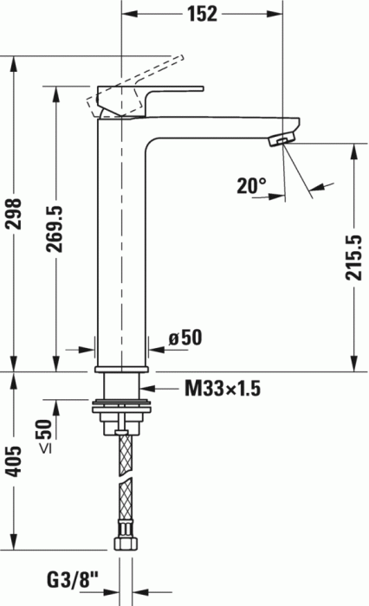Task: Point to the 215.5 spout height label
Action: pos(353,257)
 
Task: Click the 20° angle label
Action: pos(251,185)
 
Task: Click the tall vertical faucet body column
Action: pos(122,242)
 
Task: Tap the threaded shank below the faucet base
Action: pos(122,385)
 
